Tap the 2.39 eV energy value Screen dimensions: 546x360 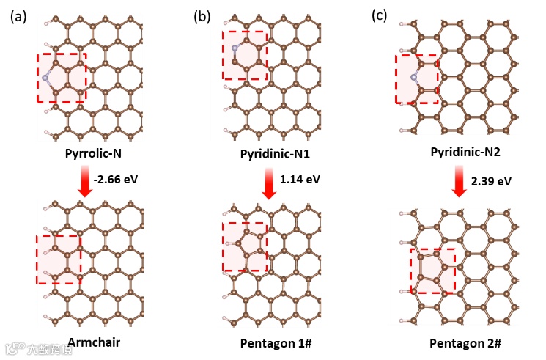point(490,180)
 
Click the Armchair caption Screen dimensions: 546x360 point(93,342)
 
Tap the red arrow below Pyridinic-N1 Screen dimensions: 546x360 point(268,182)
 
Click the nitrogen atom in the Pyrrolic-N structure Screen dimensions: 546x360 point(45,78)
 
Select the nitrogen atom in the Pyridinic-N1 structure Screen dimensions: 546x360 point(235,48)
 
